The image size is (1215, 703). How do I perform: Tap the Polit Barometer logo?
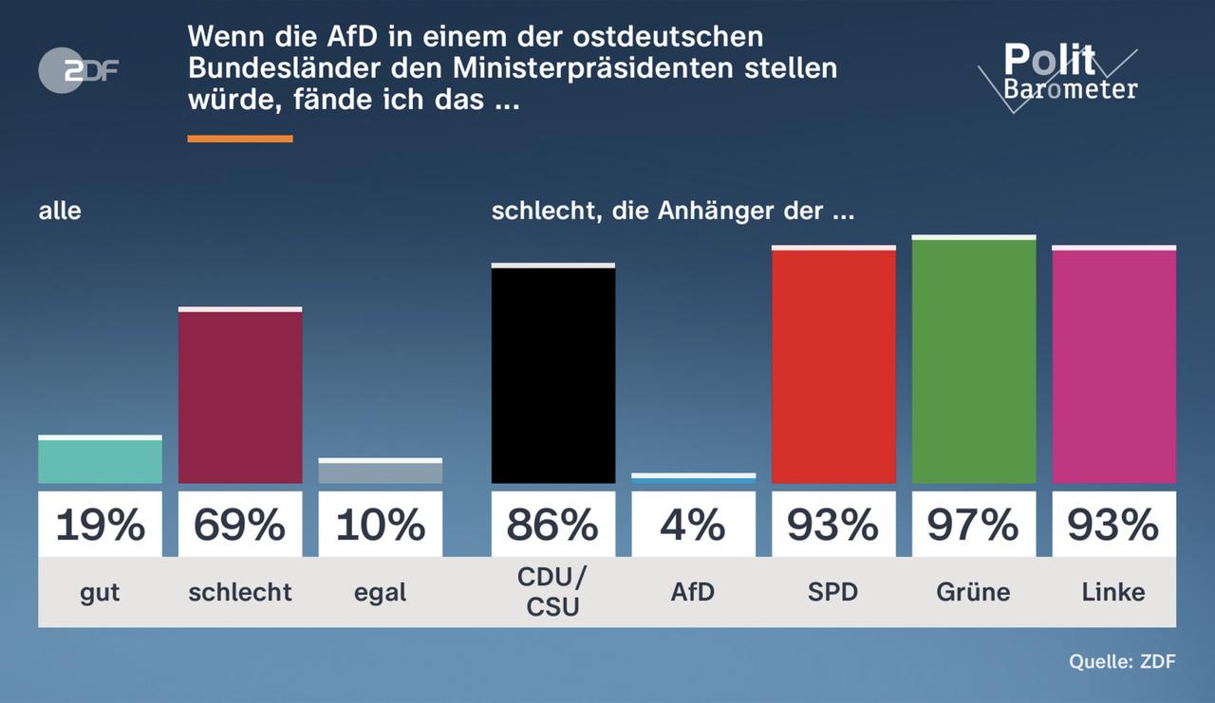click(x=1057, y=76)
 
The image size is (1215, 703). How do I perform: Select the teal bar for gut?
click(x=100, y=460)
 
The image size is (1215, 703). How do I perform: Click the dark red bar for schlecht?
click(x=240, y=397)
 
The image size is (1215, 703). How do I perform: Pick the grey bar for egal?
click(x=380, y=472)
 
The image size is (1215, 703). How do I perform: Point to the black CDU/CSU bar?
click(x=552, y=375)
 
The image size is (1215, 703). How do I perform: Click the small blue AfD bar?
click(x=693, y=479)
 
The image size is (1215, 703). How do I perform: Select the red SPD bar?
click(x=833, y=366)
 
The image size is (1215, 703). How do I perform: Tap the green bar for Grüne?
click(x=973, y=361)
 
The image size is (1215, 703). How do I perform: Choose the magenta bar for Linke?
click(x=1113, y=366)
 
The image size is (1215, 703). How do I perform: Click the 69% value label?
click(x=240, y=525)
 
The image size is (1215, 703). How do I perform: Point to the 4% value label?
click(x=693, y=525)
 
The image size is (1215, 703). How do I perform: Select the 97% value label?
click(x=973, y=525)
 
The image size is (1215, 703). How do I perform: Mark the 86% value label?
click(x=552, y=525)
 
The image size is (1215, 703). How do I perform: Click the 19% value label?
click(x=100, y=525)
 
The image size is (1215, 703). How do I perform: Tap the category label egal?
click(x=380, y=592)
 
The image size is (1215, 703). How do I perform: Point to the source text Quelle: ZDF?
click(x=1122, y=662)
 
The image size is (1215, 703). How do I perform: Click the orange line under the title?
click(x=240, y=139)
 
